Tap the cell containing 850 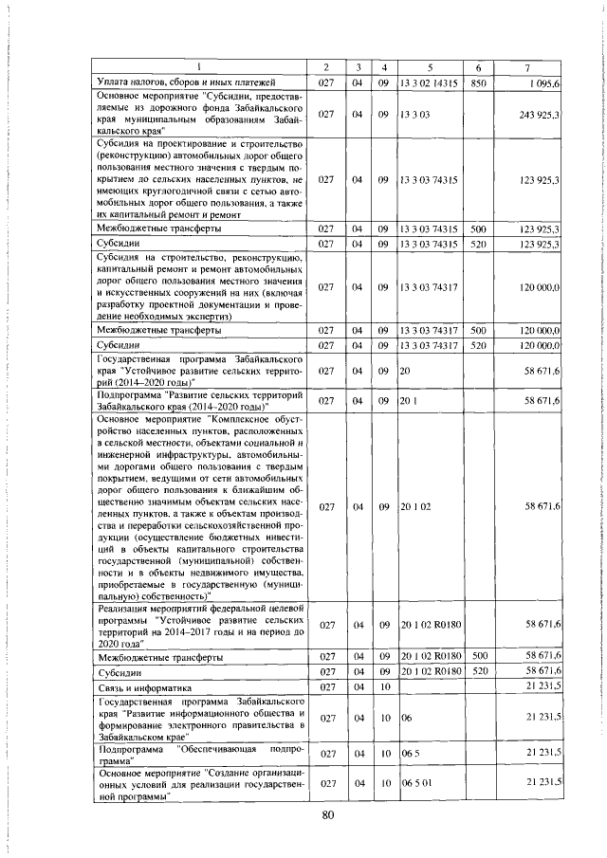[x=478, y=83]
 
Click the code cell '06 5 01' [x=415, y=781]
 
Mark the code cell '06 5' [x=410, y=753]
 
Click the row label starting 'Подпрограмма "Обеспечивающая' [x=200, y=753]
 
